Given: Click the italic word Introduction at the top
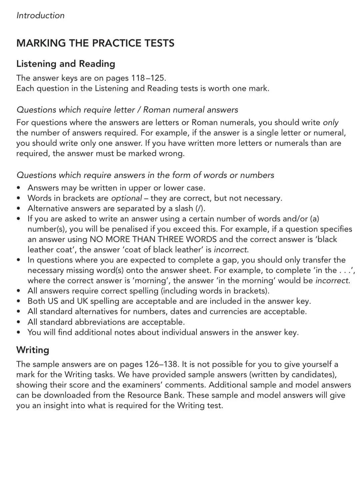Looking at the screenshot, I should tap(40, 15).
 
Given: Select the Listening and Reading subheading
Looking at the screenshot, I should tap(66, 64).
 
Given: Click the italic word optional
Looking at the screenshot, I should tap(126, 198).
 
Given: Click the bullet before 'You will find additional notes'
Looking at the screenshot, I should tap(19, 332).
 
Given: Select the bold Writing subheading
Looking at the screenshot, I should tap(33, 350).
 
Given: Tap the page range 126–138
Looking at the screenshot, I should tap(162, 364).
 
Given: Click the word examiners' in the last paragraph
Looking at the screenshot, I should tap(135, 385).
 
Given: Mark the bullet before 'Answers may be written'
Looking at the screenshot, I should tap(19, 188).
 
